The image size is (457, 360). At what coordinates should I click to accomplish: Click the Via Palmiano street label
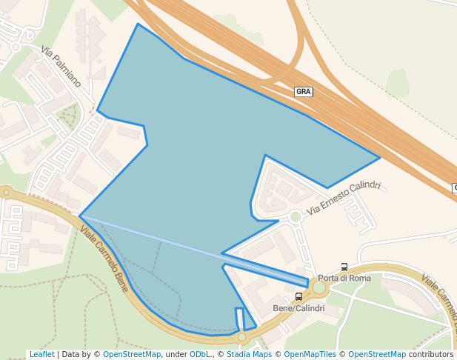click(61, 67)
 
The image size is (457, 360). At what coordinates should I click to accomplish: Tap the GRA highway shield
click(304, 92)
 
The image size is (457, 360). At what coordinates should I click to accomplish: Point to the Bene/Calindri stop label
click(298, 308)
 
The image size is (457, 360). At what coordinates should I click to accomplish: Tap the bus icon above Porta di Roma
click(344, 267)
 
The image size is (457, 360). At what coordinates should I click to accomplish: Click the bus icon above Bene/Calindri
click(298, 297)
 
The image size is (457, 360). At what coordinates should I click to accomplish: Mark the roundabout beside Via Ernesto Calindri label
click(296, 216)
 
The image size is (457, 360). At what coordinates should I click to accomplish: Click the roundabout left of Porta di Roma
click(319, 287)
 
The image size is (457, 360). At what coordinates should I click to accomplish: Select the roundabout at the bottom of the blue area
click(241, 338)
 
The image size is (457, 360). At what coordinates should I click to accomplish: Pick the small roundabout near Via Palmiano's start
click(14, 47)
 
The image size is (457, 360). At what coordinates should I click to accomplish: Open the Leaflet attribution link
click(42, 355)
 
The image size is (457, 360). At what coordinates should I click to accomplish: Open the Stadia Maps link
click(249, 355)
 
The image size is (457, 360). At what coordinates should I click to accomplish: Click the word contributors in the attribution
click(431, 355)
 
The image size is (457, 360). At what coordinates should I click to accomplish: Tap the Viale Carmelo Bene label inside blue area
click(104, 257)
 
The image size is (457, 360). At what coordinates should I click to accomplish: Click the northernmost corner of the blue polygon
click(138, 24)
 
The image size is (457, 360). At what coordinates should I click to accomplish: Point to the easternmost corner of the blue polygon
click(380, 157)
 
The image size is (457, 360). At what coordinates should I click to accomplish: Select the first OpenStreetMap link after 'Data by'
click(132, 355)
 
